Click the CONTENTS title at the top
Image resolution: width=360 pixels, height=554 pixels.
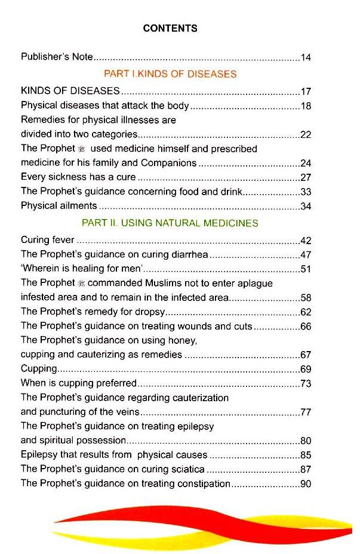tap(170, 28)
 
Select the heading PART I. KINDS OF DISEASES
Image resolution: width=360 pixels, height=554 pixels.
tap(170, 75)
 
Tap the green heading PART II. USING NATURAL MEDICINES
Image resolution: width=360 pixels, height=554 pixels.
tap(170, 223)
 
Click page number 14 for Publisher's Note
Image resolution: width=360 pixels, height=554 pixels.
tap(306, 58)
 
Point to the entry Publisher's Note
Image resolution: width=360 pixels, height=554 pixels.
tap(57, 57)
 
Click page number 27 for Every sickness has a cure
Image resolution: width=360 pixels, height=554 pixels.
tap(306, 177)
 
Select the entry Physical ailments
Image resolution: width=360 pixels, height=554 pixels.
tap(59, 206)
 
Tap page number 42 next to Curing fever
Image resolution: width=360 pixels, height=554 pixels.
tap(306, 241)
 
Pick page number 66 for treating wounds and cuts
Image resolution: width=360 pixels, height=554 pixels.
tap(306, 327)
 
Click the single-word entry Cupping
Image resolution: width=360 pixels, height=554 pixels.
tap(39, 370)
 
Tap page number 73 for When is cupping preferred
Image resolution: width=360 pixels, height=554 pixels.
tap(306, 384)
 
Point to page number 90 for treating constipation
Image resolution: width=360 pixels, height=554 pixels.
tap(306, 484)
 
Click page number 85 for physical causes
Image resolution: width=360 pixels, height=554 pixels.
tap(306, 455)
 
